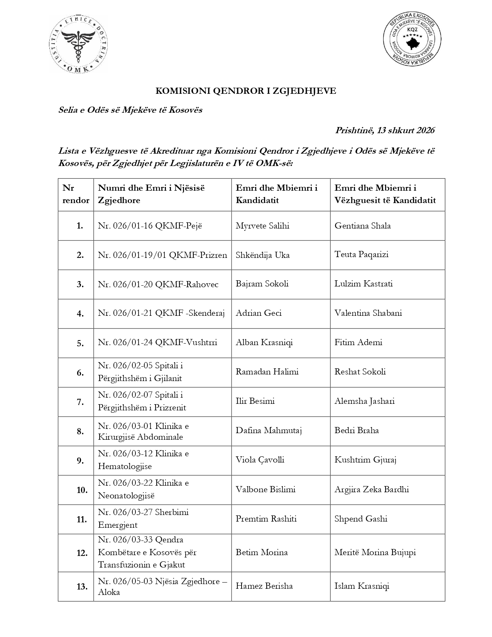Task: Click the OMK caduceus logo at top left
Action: tap(79, 45)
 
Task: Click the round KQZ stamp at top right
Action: tap(412, 39)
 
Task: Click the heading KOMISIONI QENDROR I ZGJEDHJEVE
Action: tap(246, 91)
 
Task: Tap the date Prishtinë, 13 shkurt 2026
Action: tap(385, 130)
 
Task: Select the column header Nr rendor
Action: tap(76, 194)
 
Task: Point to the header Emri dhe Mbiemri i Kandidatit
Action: tap(276, 194)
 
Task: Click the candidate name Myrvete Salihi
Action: tap(262, 226)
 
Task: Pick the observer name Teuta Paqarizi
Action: tap(361, 254)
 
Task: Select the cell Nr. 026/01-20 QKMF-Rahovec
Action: tap(158, 285)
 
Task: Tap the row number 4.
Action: tap(80, 314)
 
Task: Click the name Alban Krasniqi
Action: tap(264, 342)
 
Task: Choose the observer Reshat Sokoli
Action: tap(360, 372)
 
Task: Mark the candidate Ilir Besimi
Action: tap(255, 401)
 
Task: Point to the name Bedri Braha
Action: tap(357, 430)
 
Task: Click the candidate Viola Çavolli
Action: tap(260, 460)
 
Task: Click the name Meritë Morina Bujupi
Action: tap(375, 552)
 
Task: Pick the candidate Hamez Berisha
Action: tap(264, 586)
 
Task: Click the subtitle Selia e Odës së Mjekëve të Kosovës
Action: tap(130, 110)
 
